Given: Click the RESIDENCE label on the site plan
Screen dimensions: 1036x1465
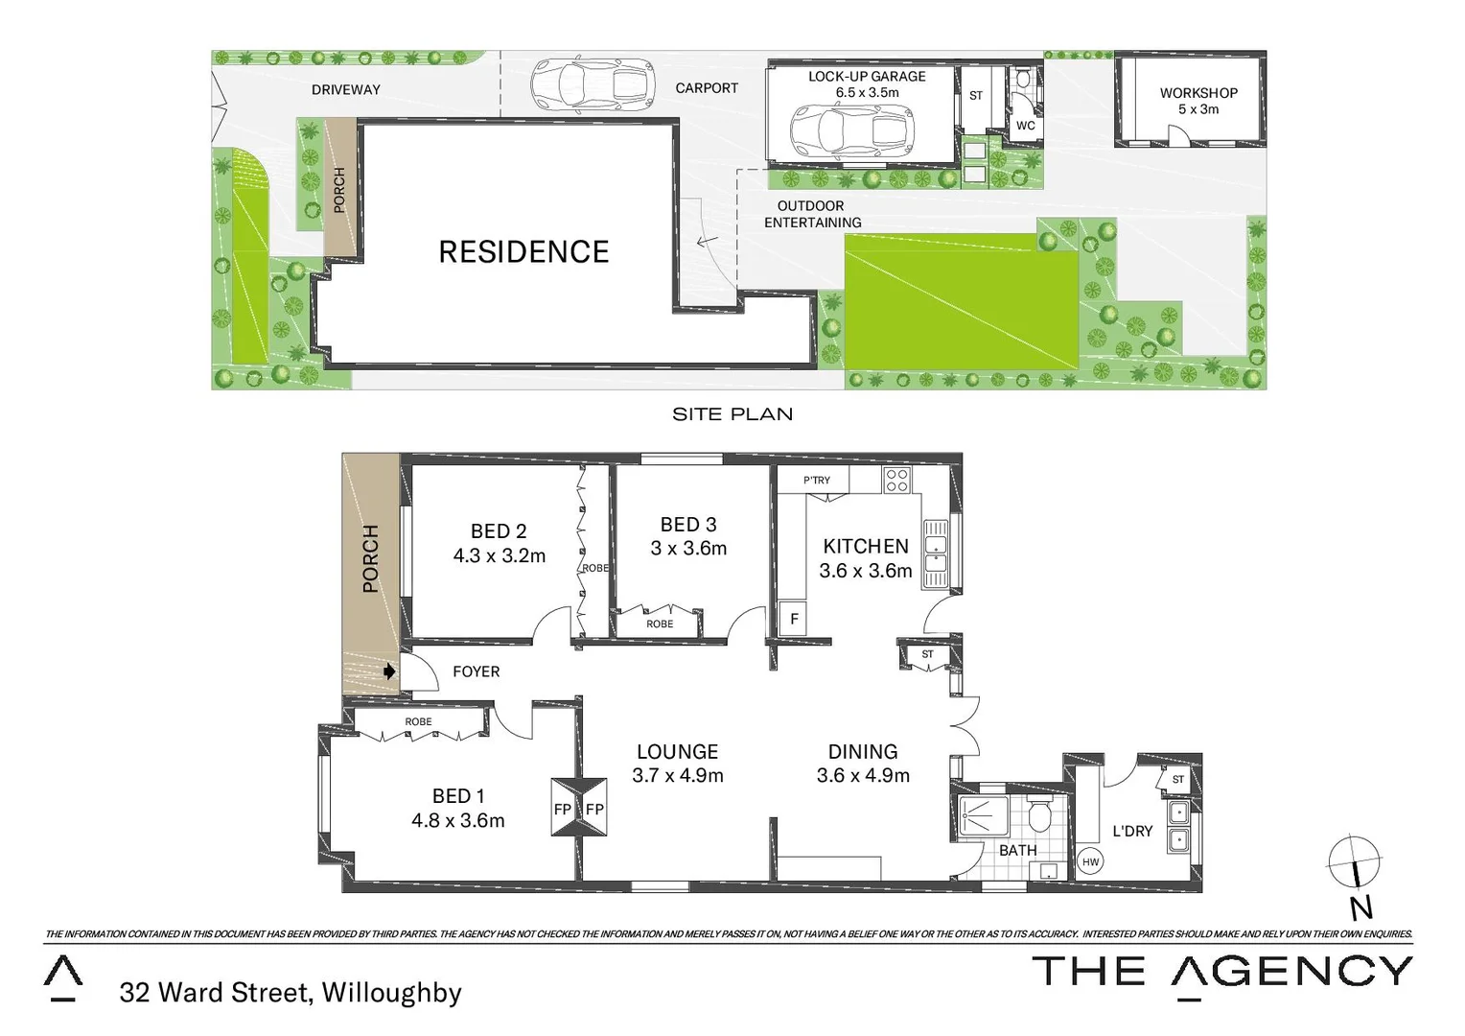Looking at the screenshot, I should coord(523,251).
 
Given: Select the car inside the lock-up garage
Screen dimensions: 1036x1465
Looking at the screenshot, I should coord(851,130).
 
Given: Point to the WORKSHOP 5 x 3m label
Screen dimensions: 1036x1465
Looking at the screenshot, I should coord(1198,101).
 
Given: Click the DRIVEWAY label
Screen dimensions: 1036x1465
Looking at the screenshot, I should coord(345,89).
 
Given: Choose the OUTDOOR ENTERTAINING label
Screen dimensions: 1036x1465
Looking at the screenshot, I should coord(812,214).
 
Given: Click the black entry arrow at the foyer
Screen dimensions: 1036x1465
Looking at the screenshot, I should coord(389,671).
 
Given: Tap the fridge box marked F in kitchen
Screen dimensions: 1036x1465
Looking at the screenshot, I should coord(793,620).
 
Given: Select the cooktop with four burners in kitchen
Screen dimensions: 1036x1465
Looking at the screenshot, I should coord(896,481).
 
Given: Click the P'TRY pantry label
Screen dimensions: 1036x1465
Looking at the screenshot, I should coord(817,481).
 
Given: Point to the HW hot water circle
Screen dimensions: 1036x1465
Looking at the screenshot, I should coord(1090,861).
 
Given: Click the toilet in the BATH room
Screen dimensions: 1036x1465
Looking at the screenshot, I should coord(1039,816).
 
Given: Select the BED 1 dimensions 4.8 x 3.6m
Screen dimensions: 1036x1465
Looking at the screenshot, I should coord(457,821).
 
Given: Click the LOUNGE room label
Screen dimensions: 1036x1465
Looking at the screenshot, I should coord(677,752).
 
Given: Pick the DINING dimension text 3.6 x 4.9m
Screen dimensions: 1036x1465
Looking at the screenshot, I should coord(863,776).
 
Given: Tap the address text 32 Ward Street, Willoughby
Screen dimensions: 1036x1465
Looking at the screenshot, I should coord(291,992).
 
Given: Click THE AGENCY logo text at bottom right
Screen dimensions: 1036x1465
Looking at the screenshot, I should coord(1221,972).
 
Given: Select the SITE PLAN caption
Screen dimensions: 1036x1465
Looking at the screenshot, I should coord(732,414).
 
